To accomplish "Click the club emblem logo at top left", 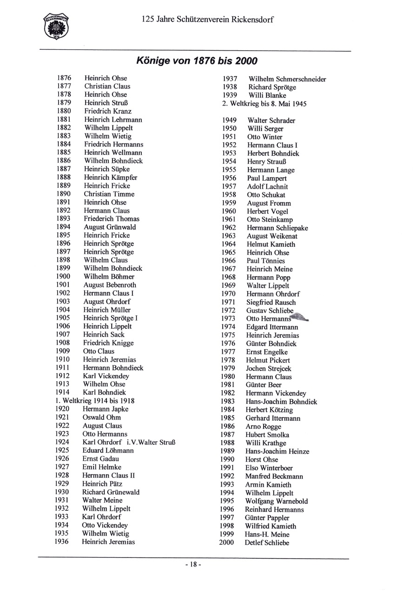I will coord(56,26).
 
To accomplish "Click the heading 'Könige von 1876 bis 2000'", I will coord(196,61).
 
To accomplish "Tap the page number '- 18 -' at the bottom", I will coord(193,565).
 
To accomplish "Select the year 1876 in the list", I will coord(64,78).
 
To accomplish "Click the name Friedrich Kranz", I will coord(108,111).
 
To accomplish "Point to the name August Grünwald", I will coord(110,227).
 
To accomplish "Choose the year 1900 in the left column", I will coord(63,277).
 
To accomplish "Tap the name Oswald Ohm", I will coord(101,417).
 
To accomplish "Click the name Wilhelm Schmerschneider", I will coord(287,79).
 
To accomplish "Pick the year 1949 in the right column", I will coord(229,120).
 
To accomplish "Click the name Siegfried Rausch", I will coord(271,302).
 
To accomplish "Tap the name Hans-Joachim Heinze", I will coord(277,451).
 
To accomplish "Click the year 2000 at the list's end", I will coord(226,542).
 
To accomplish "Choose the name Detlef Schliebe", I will coord(267,543).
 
